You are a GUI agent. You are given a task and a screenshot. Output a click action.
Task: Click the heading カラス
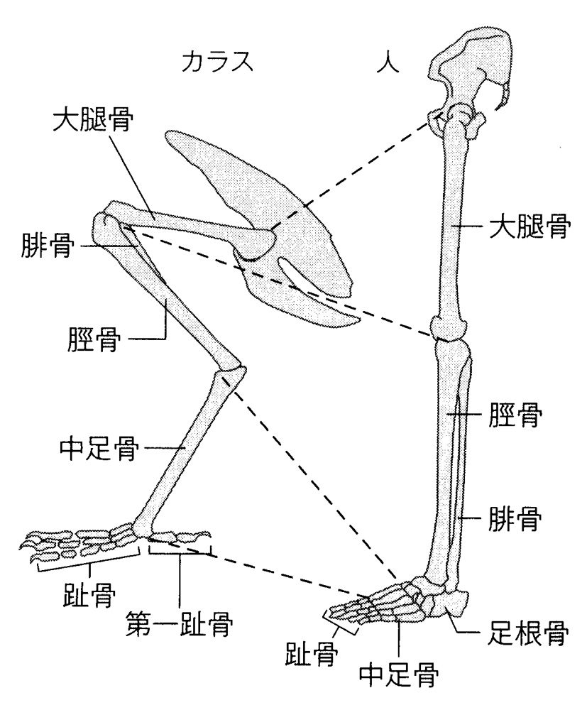[218, 62]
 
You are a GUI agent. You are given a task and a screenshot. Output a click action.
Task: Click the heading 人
[390, 62]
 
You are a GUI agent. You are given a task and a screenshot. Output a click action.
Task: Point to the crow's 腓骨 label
[45, 248]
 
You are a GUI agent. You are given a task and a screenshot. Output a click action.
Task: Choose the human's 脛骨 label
[512, 416]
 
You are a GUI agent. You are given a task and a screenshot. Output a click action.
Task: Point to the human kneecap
[449, 328]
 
